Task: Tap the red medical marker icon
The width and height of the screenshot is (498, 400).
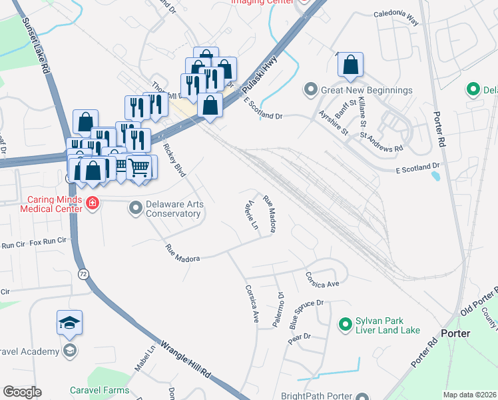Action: point(93,203)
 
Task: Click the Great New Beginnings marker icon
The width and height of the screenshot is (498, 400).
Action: point(310,89)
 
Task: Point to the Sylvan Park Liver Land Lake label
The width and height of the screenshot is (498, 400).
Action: point(388,325)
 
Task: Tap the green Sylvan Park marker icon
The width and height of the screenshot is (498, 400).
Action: point(345,325)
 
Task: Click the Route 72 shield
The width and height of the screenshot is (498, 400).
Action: point(83,273)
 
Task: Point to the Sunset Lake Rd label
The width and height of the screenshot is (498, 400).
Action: point(37,45)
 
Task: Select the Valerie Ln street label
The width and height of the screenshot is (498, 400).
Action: point(252,215)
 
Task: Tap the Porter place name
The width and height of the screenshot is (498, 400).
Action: point(455,333)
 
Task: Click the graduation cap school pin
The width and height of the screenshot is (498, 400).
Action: point(70,323)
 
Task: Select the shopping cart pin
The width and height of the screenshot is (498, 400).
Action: point(138,167)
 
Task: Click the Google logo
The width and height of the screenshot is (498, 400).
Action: point(22,392)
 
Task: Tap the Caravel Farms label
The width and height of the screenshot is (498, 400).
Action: point(103,389)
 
